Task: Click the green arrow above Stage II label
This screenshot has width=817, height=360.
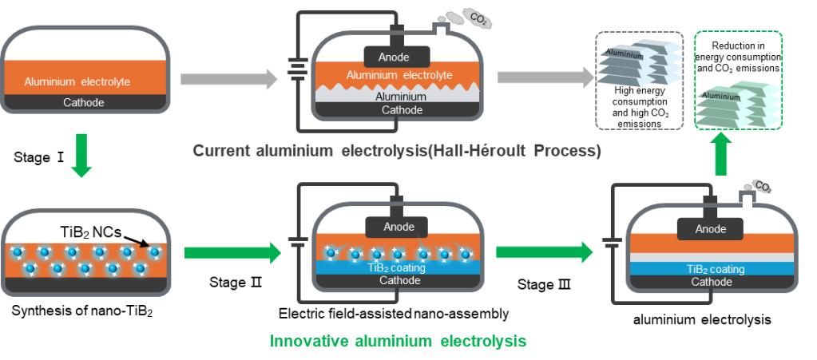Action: pos(232,253)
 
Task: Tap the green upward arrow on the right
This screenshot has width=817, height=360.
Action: pos(721,153)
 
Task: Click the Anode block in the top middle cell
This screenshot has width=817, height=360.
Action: pos(397,56)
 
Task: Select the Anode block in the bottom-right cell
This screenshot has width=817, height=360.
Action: pos(710,229)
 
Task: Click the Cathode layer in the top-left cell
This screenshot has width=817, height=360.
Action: pos(84,101)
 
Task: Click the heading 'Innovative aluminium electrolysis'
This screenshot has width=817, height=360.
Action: pos(398,341)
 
